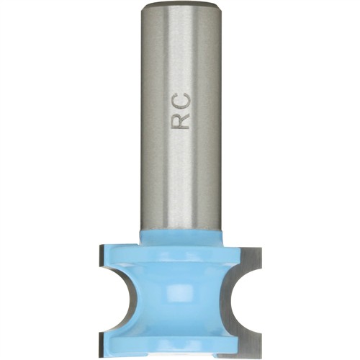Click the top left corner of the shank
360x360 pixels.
point(143,6)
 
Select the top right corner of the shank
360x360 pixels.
point(218,6)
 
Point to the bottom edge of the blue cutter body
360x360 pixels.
point(180,351)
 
